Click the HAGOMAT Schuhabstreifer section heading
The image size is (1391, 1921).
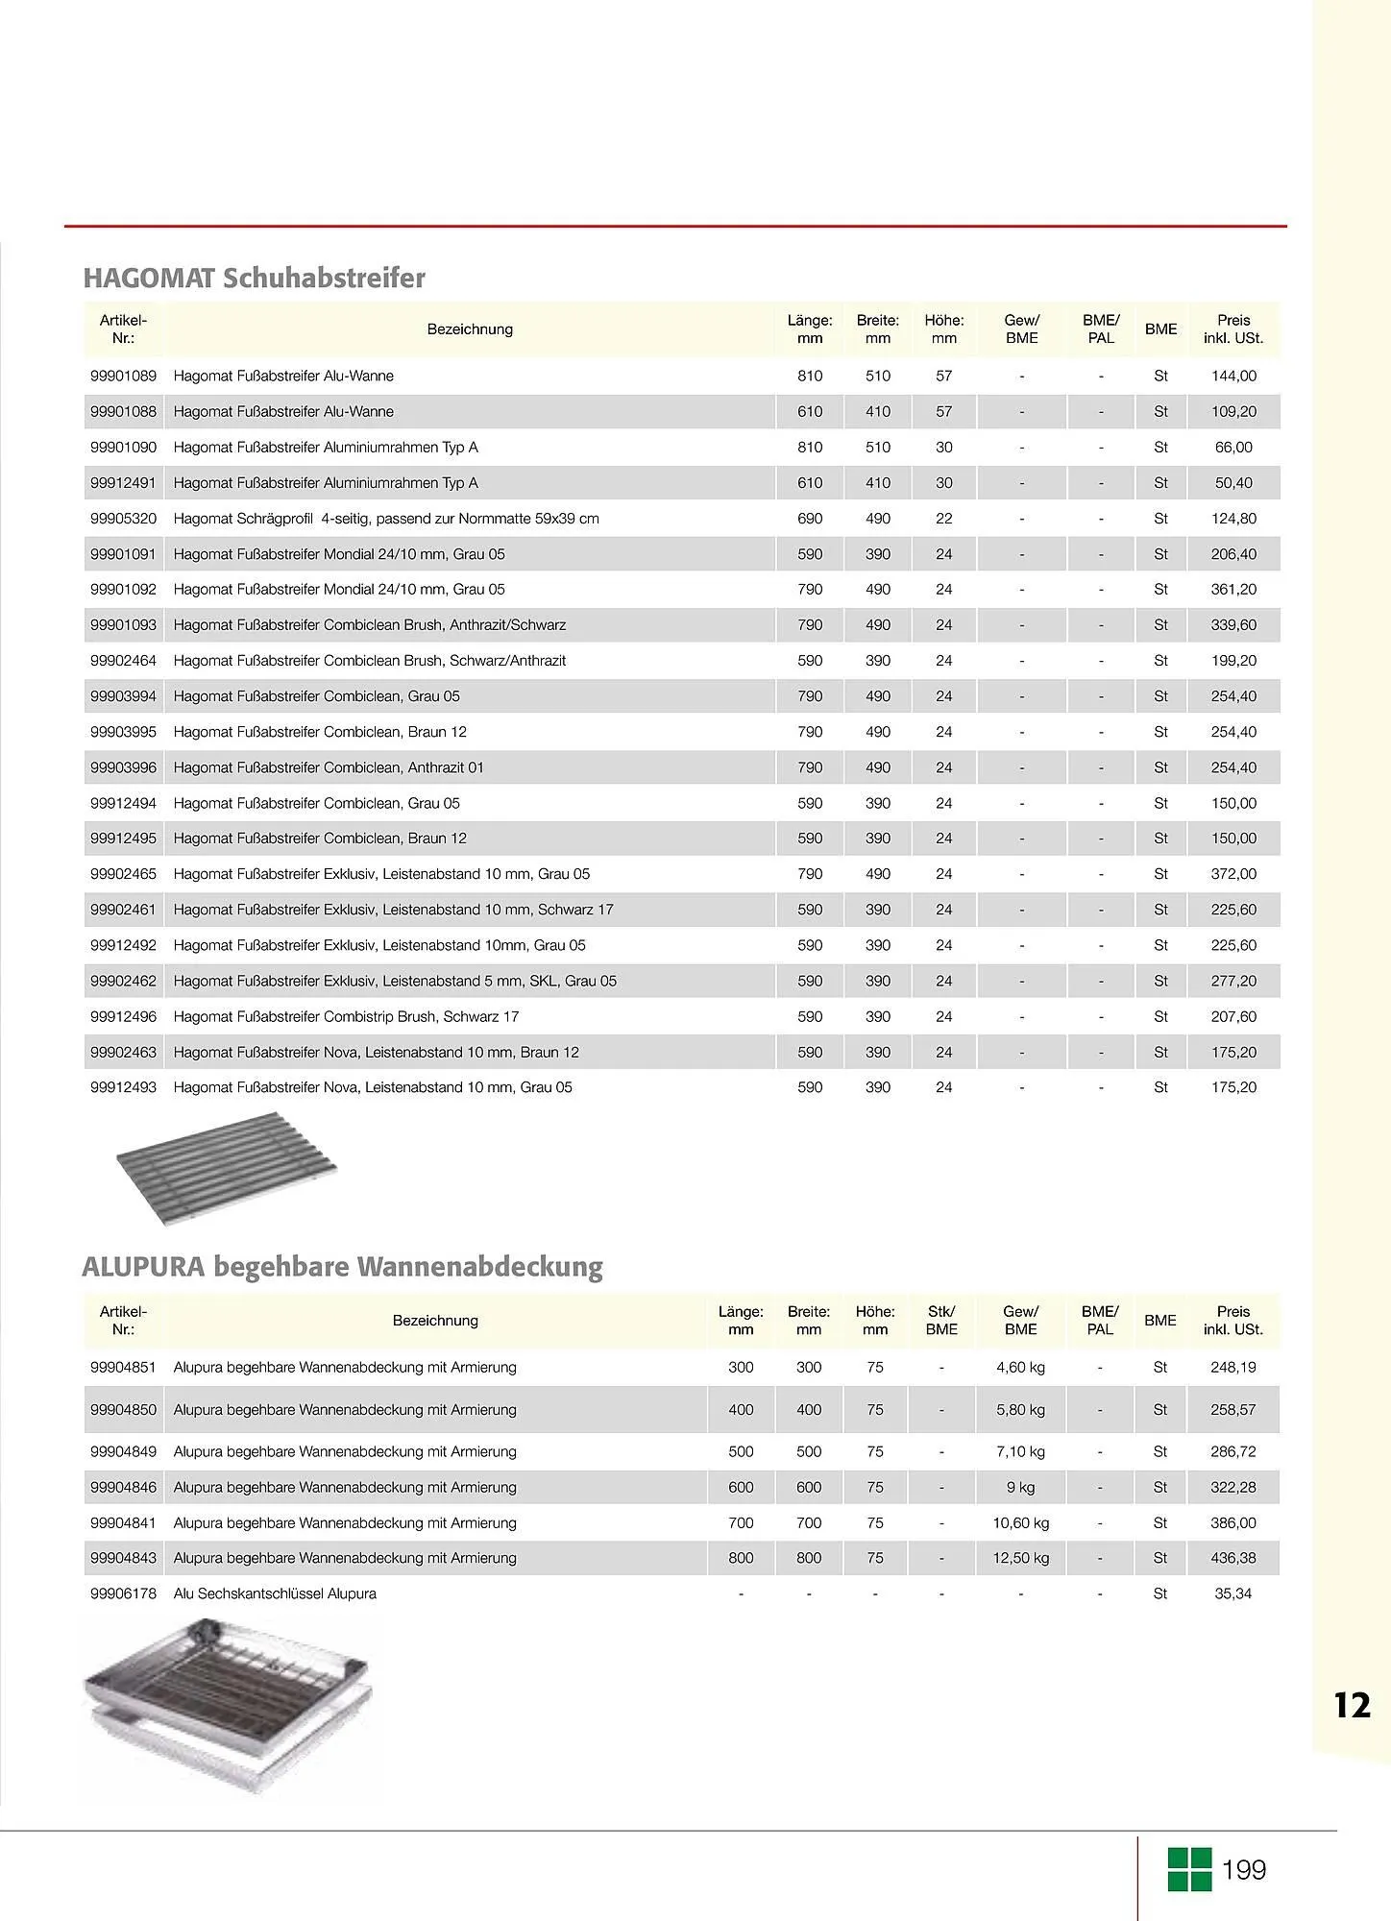point(254,279)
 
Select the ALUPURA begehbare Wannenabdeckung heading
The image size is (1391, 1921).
point(342,1267)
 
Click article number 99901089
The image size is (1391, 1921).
point(123,376)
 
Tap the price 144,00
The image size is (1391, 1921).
point(1233,376)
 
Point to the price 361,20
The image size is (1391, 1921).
point(1233,590)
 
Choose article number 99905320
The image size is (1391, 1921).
point(123,519)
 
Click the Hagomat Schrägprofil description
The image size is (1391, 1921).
point(386,519)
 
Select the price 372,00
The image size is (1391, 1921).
point(1233,874)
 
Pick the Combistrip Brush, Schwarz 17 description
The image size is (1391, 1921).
point(346,1016)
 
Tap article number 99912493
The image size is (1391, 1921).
point(123,1087)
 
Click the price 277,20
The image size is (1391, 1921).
point(1233,981)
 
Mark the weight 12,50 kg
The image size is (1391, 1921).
point(1020,1558)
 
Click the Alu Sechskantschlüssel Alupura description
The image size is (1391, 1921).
point(275,1593)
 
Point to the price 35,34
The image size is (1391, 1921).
point(1232,1593)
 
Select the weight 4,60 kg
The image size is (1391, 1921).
point(1020,1367)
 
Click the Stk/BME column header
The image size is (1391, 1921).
point(941,1321)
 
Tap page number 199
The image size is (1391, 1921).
point(1244,1870)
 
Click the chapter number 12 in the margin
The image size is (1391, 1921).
point(1352,1705)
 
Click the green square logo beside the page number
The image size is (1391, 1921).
point(1189,1869)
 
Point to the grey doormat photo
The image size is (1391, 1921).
point(228,1168)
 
